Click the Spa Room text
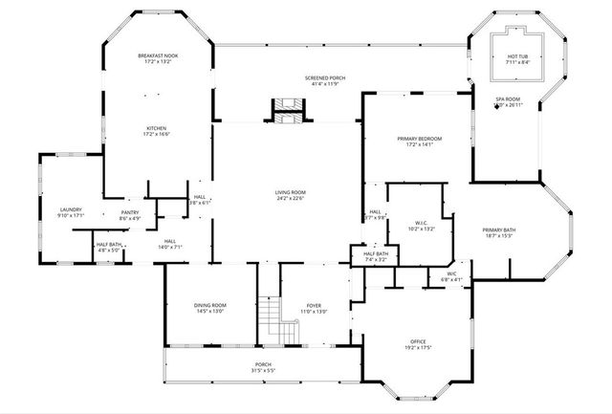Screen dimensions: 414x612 point(507,99)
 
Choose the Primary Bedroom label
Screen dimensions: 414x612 point(419,139)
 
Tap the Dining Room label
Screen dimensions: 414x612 point(209,305)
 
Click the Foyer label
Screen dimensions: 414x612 point(314,305)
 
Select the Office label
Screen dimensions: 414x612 point(418,341)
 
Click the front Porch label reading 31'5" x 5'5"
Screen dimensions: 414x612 point(262,365)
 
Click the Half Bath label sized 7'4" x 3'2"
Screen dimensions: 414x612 point(375,254)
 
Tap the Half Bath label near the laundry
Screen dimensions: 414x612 point(108,245)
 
